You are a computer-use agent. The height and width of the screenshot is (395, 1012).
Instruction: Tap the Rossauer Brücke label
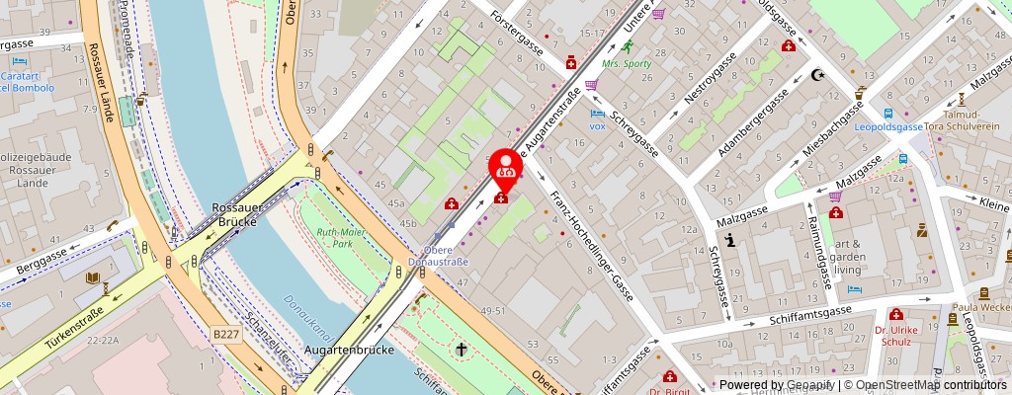[x=235, y=214]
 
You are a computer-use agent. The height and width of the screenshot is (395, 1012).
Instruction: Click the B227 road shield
[x=226, y=335]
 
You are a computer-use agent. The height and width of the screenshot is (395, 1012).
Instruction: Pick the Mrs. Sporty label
[x=628, y=64]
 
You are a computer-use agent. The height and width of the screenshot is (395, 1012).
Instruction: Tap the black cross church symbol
[x=461, y=349]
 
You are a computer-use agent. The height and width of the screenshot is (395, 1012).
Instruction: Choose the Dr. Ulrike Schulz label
[x=896, y=335]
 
